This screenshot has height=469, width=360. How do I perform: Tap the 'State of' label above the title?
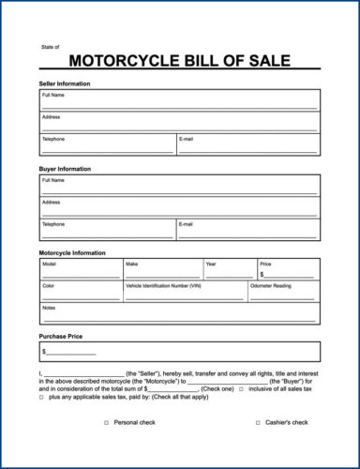click(x=50, y=46)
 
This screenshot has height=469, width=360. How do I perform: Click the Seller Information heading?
click(x=65, y=83)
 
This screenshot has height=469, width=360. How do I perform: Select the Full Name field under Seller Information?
click(x=179, y=100)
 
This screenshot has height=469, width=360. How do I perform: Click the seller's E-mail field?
click(x=247, y=144)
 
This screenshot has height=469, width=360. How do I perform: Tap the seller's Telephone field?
click(x=107, y=144)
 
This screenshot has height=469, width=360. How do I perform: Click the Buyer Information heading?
click(x=65, y=169)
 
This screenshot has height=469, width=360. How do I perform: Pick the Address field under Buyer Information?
click(x=179, y=207)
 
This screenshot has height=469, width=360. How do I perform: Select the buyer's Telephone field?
click(x=107, y=230)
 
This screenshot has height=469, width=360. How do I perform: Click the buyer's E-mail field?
click(x=247, y=230)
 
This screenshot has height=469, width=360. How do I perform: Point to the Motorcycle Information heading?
click(x=72, y=253)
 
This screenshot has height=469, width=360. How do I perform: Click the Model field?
click(x=80, y=270)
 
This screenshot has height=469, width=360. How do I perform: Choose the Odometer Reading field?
click(x=283, y=291)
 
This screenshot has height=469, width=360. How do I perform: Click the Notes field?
click(x=179, y=313)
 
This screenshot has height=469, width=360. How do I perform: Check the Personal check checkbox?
click(x=106, y=423)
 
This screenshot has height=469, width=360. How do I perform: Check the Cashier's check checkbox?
click(x=258, y=423)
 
